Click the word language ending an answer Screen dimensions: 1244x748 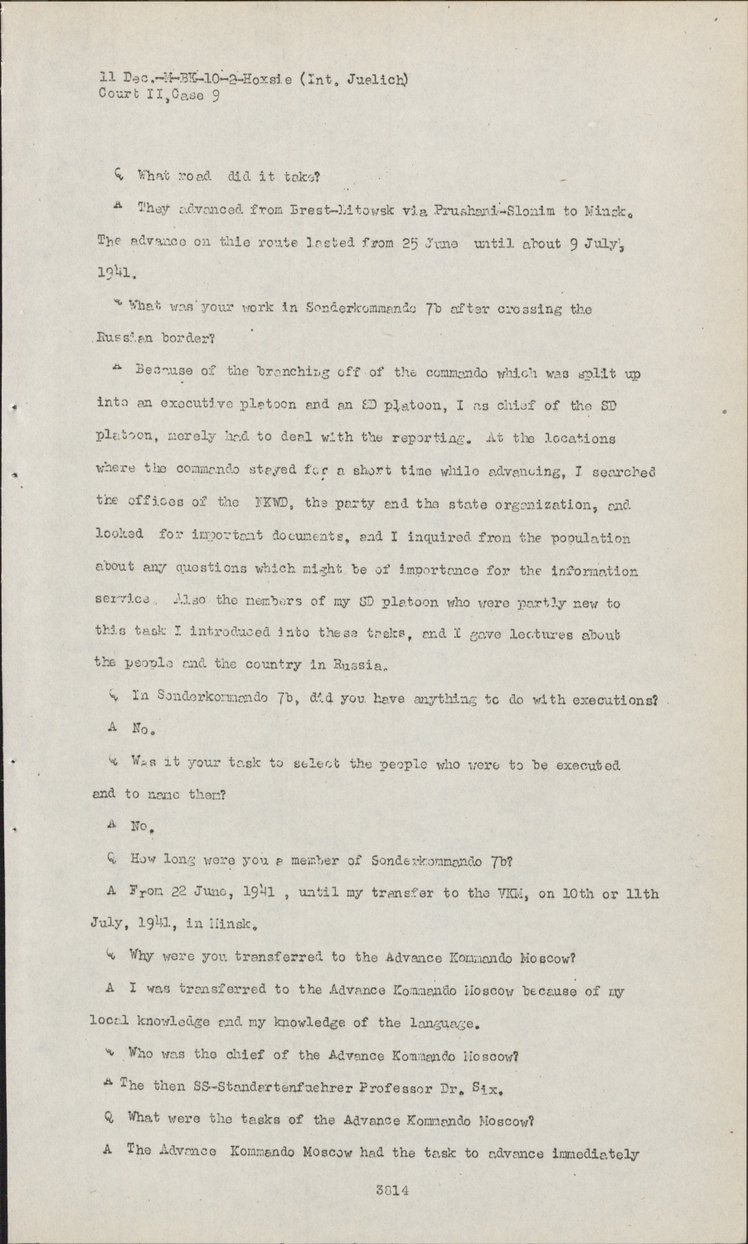point(444,1023)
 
